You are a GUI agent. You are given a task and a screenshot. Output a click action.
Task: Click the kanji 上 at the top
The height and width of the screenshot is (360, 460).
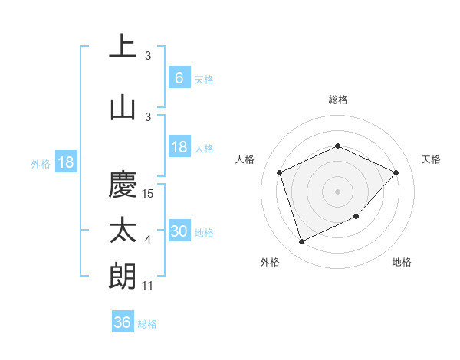(x=123, y=47)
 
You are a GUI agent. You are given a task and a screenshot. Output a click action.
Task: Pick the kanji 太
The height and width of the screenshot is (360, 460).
(x=123, y=231)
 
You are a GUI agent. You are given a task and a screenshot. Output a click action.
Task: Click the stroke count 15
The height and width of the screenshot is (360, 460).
(x=149, y=194)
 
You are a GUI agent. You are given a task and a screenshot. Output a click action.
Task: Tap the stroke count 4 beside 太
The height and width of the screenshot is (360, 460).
(x=148, y=241)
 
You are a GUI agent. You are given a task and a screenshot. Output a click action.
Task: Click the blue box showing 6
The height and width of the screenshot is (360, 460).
(x=179, y=78)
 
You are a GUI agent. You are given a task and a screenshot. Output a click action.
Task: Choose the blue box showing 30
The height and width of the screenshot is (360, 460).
(x=179, y=232)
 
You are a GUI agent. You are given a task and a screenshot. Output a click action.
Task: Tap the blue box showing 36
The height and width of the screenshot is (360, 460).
(x=122, y=323)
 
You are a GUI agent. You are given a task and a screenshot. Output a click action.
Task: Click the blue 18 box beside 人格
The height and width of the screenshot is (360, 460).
(x=179, y=148)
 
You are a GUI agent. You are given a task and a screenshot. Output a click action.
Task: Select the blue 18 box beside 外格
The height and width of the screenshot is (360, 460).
(x=65, y=162)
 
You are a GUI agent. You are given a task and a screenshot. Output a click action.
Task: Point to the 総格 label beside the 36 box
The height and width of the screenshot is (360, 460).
(x=147, y=324)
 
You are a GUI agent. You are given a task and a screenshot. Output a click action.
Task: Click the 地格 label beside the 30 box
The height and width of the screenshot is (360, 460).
(x=204, y=233)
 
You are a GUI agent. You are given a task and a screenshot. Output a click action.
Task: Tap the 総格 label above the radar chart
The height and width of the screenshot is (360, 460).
(x=337, y=100)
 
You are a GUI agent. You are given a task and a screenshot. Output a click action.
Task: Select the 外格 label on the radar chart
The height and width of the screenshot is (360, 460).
(x=270, y=262)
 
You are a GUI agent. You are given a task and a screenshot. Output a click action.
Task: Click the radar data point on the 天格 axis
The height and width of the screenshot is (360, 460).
(x=396, y=172)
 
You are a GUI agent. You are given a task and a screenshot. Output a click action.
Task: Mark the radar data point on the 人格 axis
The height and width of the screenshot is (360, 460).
(x=280, y=172)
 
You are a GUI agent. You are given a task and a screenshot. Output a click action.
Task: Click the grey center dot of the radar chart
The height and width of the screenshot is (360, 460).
(x=337, y=191)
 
